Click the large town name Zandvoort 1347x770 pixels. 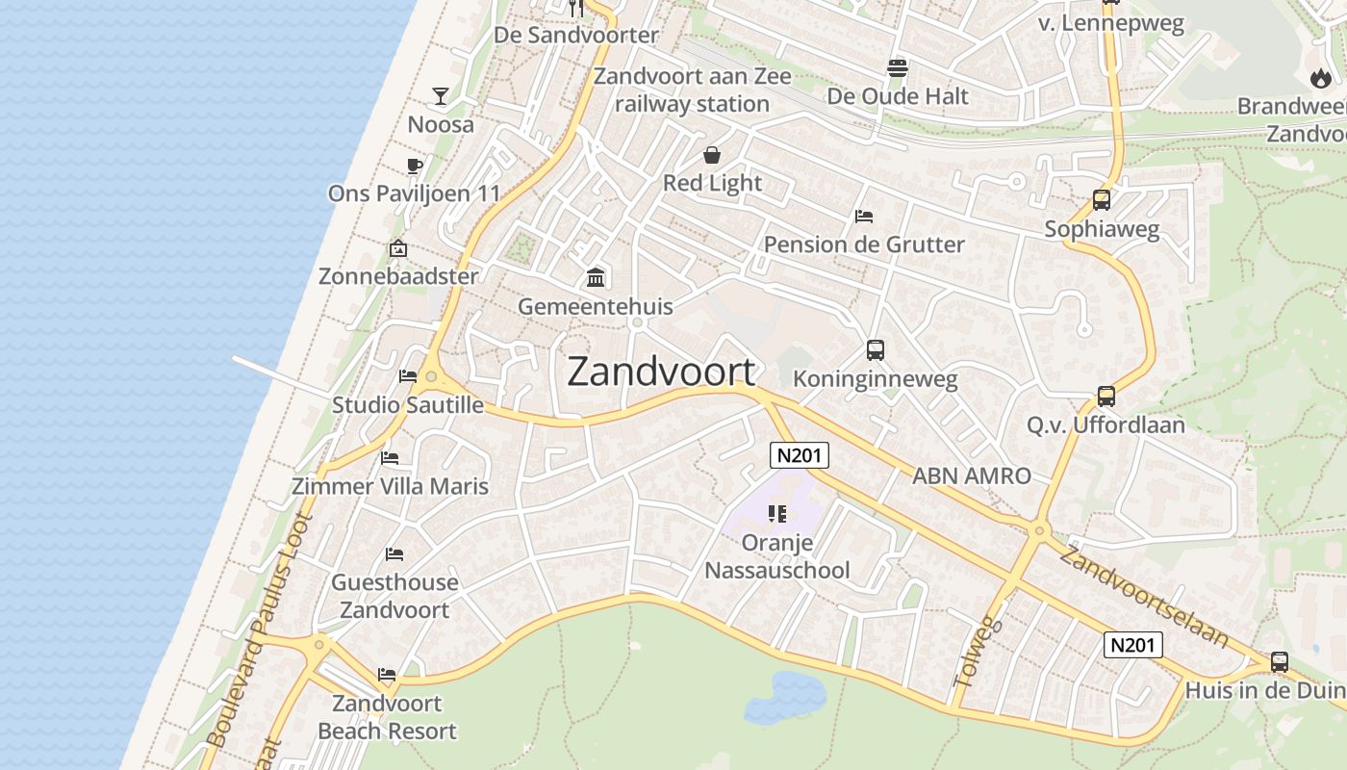click(x=661, y=372)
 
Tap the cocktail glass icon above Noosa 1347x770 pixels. click(x=441, y=95)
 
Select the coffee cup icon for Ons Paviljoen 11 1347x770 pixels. click(x=415, y=166)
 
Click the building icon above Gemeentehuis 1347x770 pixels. click(x=596, y=278)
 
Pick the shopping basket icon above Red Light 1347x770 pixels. click(x=712, y=155)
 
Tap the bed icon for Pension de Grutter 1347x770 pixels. click(x=864, y=217)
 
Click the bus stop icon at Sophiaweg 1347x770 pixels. click(x=1102, y=200)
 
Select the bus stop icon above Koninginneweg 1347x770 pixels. click(x=875, y=350)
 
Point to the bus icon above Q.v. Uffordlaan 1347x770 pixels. click(x=1106, y=396)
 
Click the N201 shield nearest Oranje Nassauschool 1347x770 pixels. click(x=799, y=454)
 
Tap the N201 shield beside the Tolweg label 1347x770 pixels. click(x=1132, y=644)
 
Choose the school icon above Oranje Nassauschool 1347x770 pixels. click(x=777, y=514)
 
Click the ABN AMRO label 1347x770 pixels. click(x=971, y=475)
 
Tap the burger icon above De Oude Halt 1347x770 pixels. click(x=898, y=68)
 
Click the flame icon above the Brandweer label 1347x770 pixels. click(x=1320, y=78)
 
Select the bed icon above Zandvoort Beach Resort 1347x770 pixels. click(x=387, y=675)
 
